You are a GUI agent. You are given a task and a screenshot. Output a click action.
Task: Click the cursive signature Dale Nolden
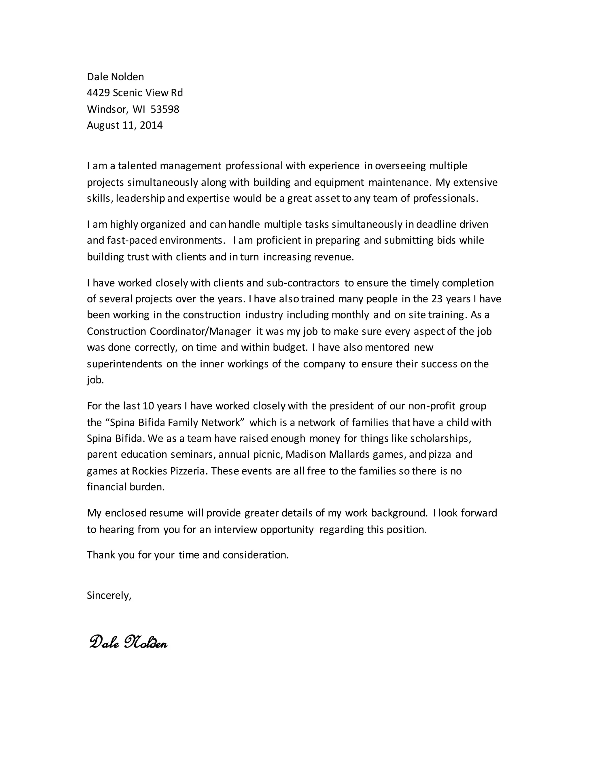128,642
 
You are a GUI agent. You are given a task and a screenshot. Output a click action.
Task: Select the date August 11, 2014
125,126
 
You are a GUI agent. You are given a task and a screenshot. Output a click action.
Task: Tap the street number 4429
98,93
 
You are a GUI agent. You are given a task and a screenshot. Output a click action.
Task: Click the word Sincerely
109,595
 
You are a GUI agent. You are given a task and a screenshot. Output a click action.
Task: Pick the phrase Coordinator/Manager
200,331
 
